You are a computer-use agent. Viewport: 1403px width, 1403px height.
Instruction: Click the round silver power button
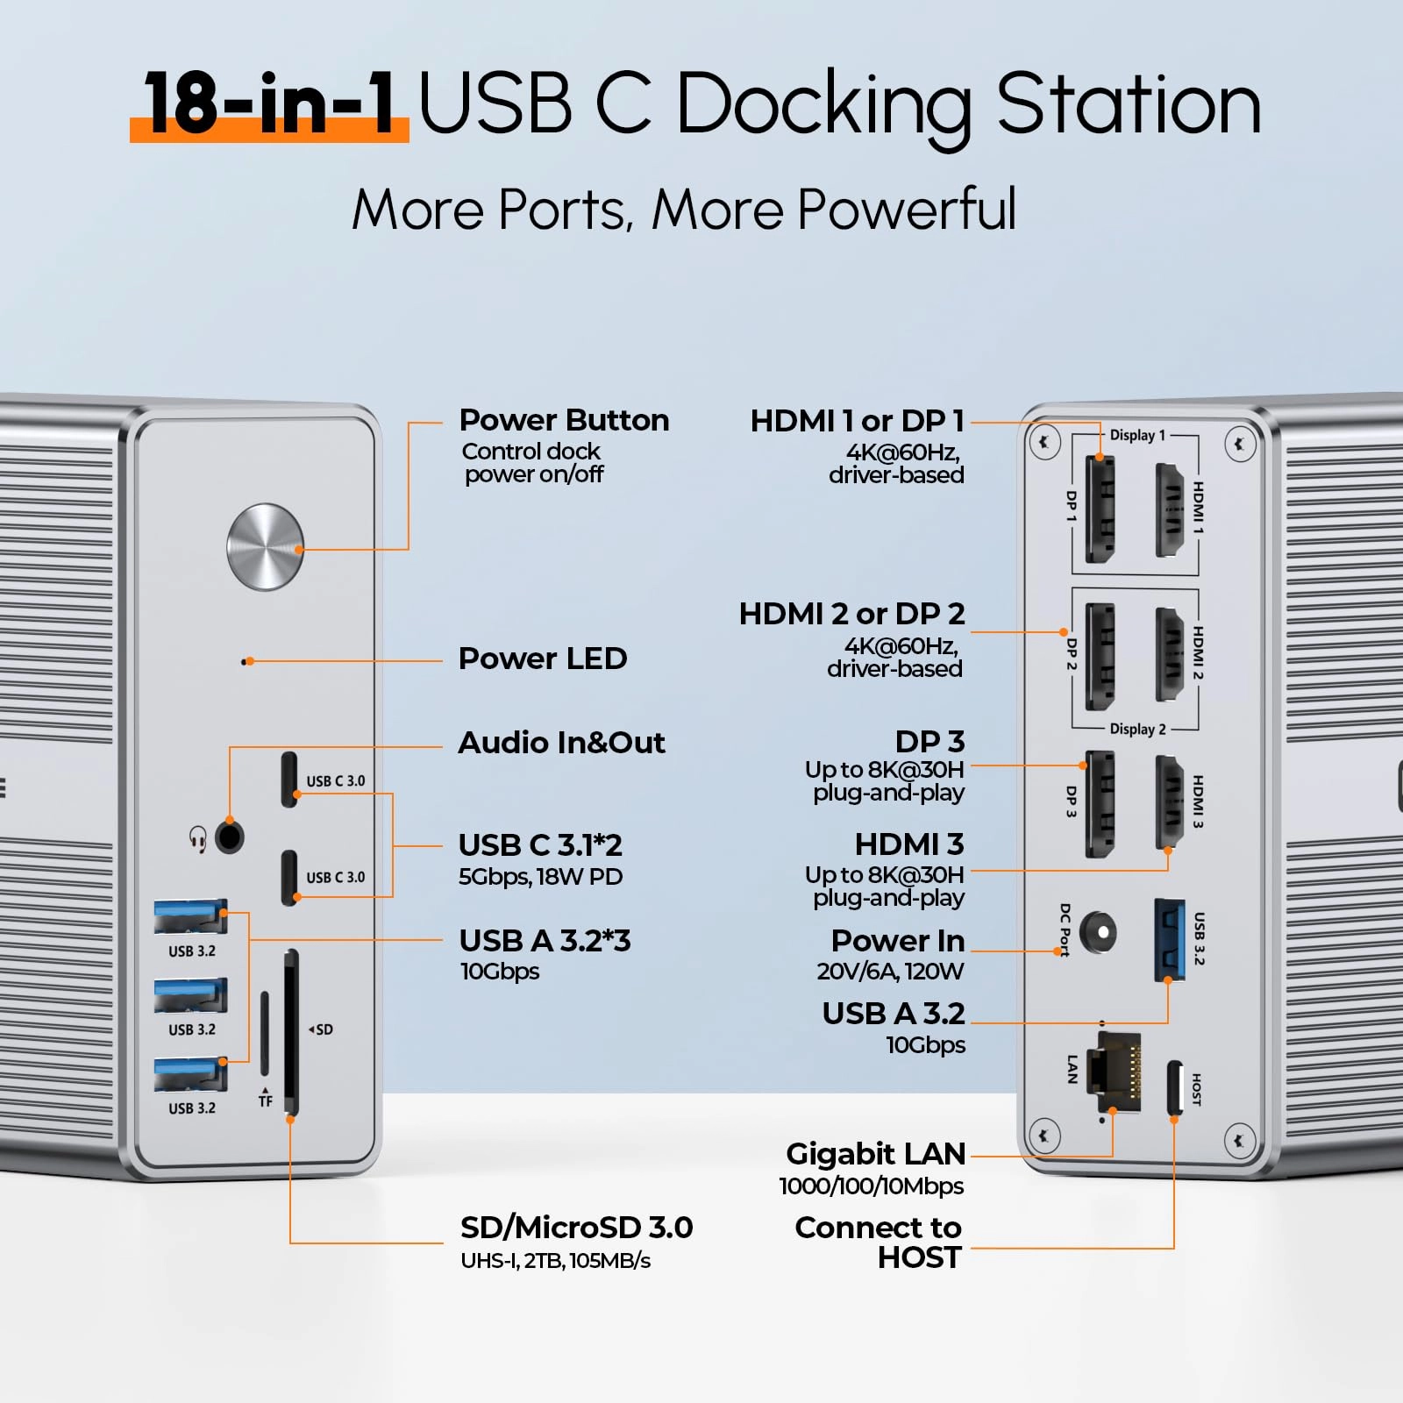[x=265, y=546]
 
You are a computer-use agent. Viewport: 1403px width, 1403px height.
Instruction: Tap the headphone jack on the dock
[x=230, y=837]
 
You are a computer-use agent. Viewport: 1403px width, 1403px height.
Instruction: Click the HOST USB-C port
[x=1174, y=1089]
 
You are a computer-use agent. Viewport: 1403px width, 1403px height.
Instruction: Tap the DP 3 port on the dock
[x=1099, y=802]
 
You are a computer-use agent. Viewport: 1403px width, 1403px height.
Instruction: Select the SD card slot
[x=291, y=1032]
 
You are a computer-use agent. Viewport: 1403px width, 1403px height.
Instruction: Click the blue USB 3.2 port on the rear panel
[x=1168, y=939]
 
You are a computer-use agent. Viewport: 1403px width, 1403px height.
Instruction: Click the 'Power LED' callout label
[x=543, y=659]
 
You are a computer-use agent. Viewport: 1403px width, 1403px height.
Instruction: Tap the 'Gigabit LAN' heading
[x=875, y=1154]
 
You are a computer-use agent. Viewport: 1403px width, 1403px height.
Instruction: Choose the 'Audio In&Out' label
[x=561, y=743]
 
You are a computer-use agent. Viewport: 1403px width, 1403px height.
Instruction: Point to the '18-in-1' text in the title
[x=269, y=103]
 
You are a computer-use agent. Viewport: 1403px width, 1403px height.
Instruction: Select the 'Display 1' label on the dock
[x=1137, y=435]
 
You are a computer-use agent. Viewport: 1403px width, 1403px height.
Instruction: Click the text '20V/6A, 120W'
[x=890, y=972]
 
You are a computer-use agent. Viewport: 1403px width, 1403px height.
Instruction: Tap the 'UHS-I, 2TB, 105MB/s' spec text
[x=555, y=1261]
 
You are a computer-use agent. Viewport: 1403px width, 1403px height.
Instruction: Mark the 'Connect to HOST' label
[x=879, y=1243]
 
